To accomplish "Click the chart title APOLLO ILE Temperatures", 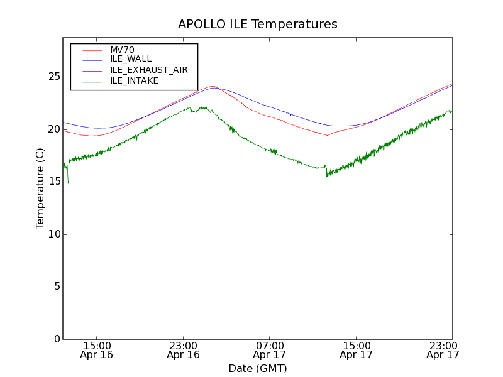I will tap(258, 25).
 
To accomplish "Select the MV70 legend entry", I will tap(122, 50).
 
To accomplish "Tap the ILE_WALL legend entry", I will tap(131, 59).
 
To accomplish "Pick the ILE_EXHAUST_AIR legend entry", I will tap(149, 70).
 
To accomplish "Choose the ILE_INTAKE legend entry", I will tap(134, 80).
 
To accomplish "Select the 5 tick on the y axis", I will tap(55, 287).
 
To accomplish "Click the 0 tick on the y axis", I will tap(55, 339).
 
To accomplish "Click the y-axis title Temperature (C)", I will tap(40, 188).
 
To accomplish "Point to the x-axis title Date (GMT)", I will tap(258, 368).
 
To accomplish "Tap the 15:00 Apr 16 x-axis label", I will tap(97, 350).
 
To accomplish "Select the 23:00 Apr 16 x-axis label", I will tap(183, 350).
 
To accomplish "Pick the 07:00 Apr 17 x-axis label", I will tap(270, 350).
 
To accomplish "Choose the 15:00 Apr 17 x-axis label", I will tap(356, 350).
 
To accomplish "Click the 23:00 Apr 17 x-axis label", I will tap(443, 350).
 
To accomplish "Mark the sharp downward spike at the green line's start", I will tap(68, 182).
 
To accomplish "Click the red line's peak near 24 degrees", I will tap(213, 86).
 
